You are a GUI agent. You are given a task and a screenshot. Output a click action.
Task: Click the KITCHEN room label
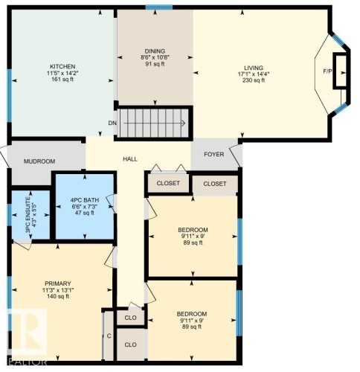62,65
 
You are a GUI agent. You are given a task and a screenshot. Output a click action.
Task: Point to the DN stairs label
112,123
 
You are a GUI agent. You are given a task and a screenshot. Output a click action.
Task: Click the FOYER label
213,155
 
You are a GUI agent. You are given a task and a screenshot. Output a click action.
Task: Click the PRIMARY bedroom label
57,283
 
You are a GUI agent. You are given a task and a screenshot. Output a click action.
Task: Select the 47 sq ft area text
83,213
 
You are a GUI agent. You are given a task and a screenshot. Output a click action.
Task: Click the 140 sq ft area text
57,296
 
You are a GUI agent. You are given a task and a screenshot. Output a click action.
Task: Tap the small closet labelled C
109,336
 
